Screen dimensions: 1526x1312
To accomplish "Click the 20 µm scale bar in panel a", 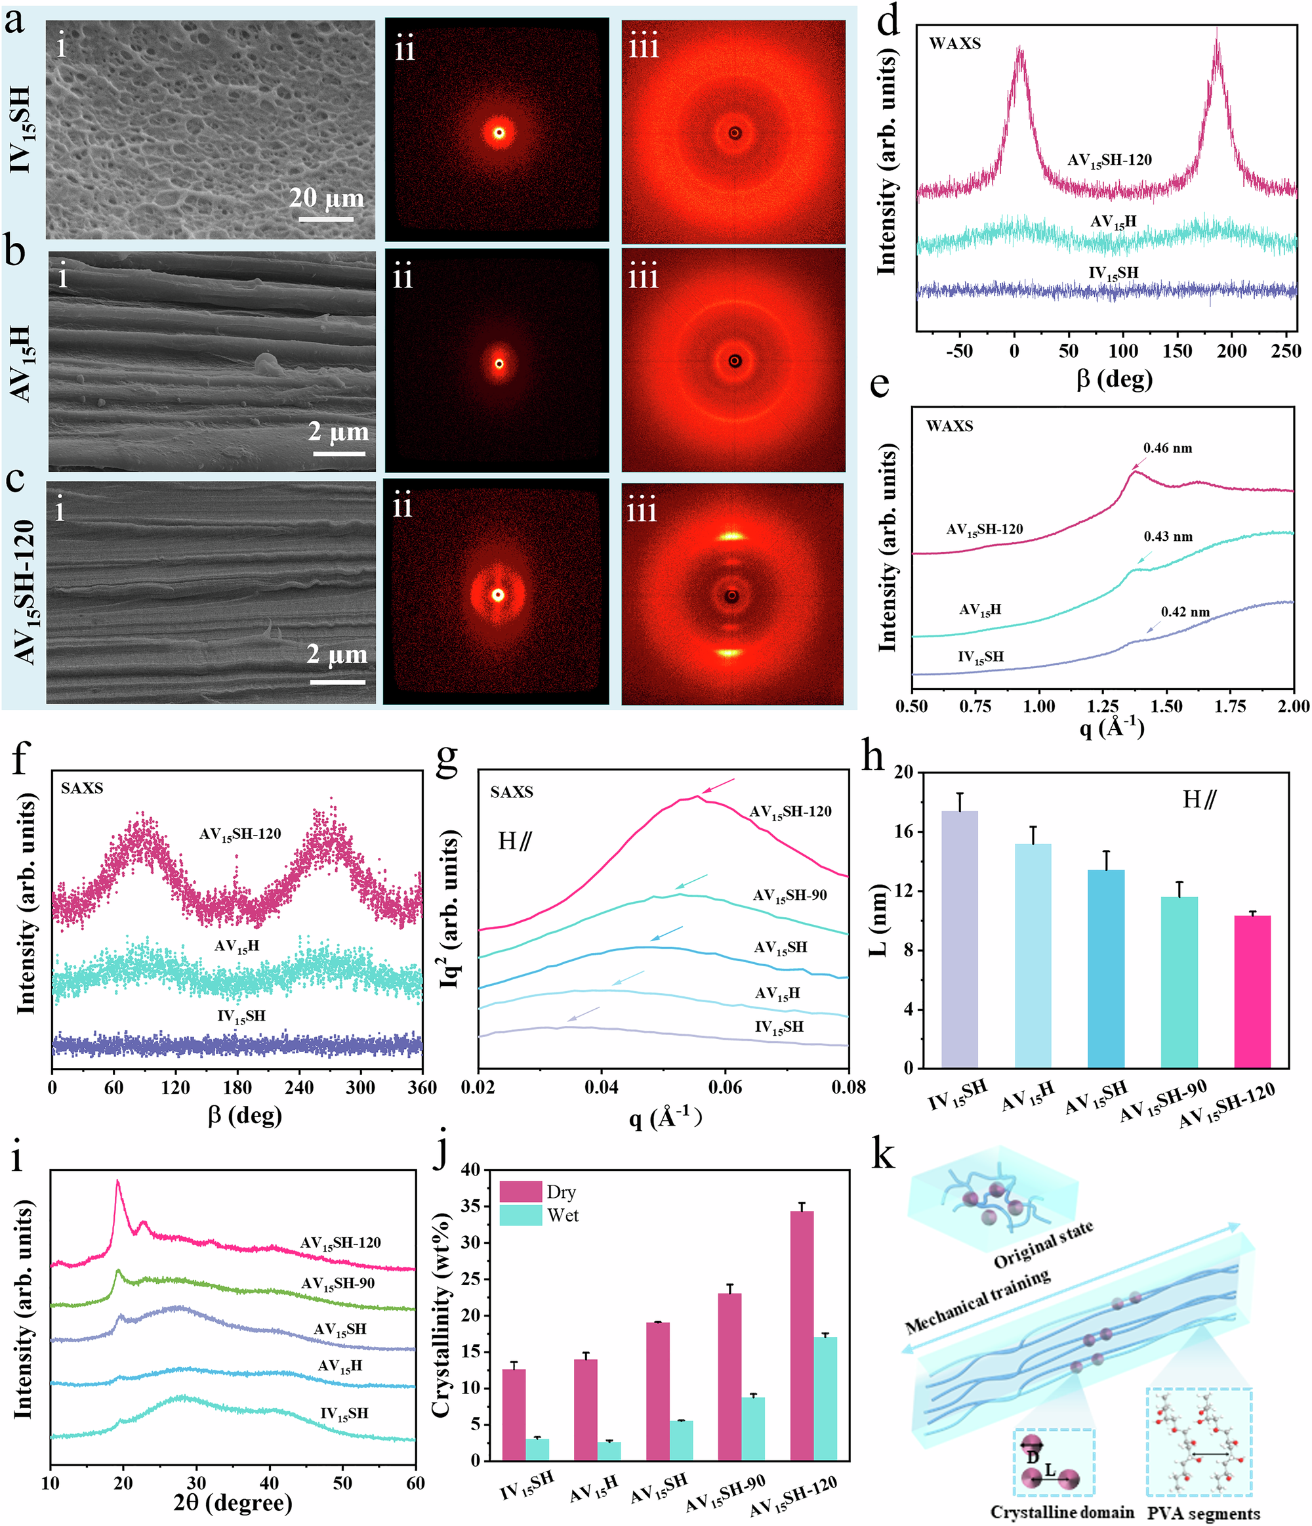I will point(325,219).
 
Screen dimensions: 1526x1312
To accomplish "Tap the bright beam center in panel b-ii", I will point(499,363).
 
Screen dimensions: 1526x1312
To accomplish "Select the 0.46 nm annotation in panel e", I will point(1167,448).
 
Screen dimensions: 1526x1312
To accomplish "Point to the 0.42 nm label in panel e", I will point(1185,612).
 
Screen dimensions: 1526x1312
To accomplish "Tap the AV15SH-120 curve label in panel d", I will point(1109,159).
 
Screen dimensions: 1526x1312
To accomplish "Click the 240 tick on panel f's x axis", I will point(298,1088).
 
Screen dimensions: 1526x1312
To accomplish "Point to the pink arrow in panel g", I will point(718,786).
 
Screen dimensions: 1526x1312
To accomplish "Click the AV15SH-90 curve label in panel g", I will point(789,895).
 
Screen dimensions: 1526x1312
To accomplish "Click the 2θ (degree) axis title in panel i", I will point(232,1502).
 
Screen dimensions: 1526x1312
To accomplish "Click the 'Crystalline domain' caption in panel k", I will point(1061,1512).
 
